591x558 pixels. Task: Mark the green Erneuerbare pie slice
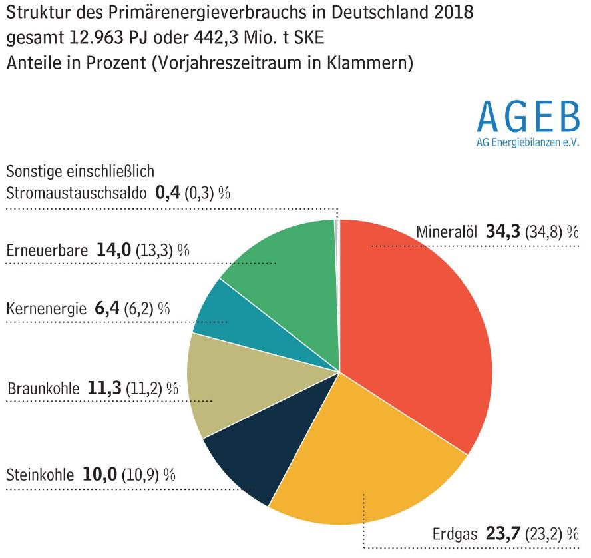[286, 266]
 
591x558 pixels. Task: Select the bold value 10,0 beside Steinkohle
[100, 475]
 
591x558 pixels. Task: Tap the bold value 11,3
[104, 388]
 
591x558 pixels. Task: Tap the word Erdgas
[455, 535]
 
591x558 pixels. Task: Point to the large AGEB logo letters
[528, 117]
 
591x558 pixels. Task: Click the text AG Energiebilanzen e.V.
[528, 142]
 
